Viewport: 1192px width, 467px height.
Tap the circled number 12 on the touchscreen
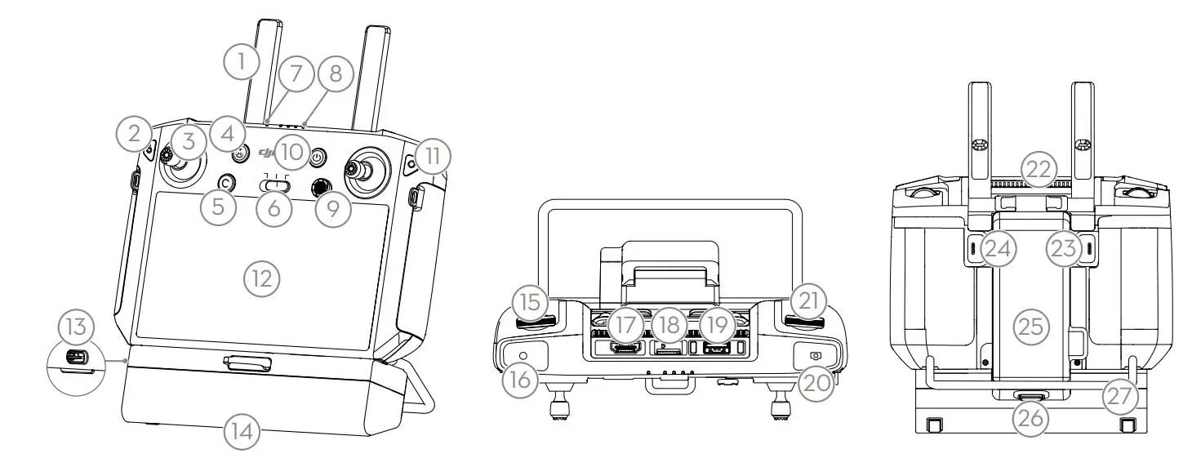point(262,279)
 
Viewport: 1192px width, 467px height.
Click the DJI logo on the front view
point(268,151)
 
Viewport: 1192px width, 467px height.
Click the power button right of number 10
point(318,156)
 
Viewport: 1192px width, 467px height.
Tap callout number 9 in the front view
point(334,208)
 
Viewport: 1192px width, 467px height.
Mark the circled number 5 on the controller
point(217,207)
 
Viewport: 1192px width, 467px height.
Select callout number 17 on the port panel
point(625,325)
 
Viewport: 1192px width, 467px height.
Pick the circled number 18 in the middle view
point(669,325)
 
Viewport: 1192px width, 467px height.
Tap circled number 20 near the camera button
point(816,378)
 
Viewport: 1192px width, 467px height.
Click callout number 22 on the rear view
point(1029,170)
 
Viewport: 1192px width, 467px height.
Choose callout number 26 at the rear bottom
point(1029,419)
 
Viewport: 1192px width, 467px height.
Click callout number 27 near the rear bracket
point(1119,397)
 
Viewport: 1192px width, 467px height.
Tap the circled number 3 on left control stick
point(189,143)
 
